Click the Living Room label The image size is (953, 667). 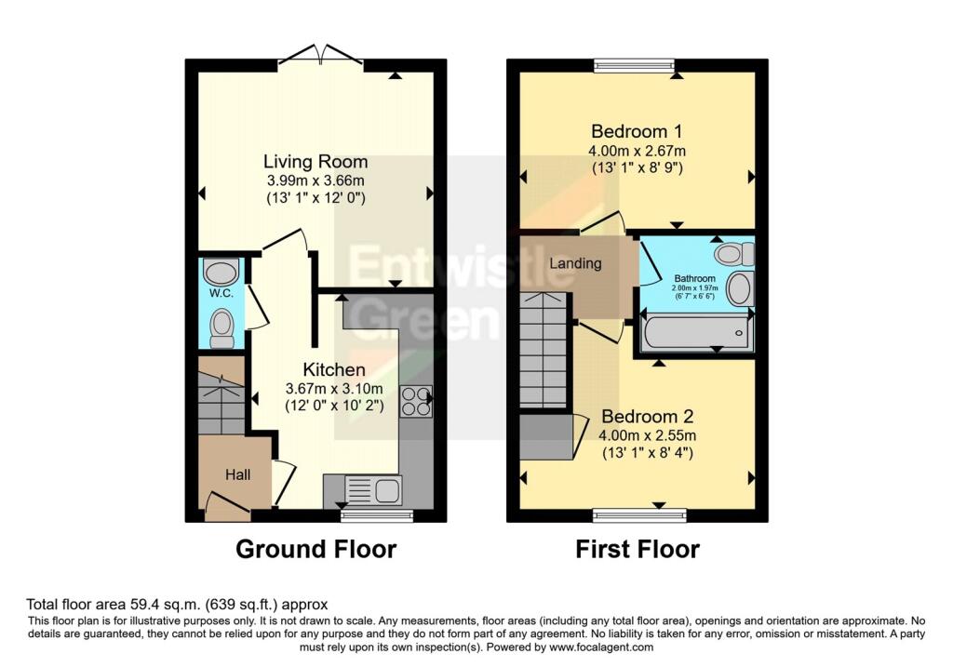tap(315, 162)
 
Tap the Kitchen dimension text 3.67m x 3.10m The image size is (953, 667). tap(334, 389)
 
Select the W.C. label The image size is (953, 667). tap(221, 293)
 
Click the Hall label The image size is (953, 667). tap(237, 475)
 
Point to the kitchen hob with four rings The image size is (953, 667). tap(416, 402)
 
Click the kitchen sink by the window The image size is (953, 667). tap(373, 490)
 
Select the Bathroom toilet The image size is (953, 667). tap(735, 253)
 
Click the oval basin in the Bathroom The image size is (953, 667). tap(740, 288)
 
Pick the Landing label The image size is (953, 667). tap(575, 263)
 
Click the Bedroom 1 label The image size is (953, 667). tap(637, 131)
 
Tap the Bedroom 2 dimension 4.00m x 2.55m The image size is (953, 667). tap(648, 435)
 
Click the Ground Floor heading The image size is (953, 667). tap(316, 549)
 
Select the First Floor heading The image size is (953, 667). tap(638, 549)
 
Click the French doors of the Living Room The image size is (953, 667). tap(321, 53)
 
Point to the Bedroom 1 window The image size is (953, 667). tap(635, 65)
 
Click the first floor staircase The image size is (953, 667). tap(543, 351)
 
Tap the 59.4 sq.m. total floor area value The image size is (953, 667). tap(165, 605)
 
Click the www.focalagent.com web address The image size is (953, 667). tap(601, 647)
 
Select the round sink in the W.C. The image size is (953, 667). tap(221, 272)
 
